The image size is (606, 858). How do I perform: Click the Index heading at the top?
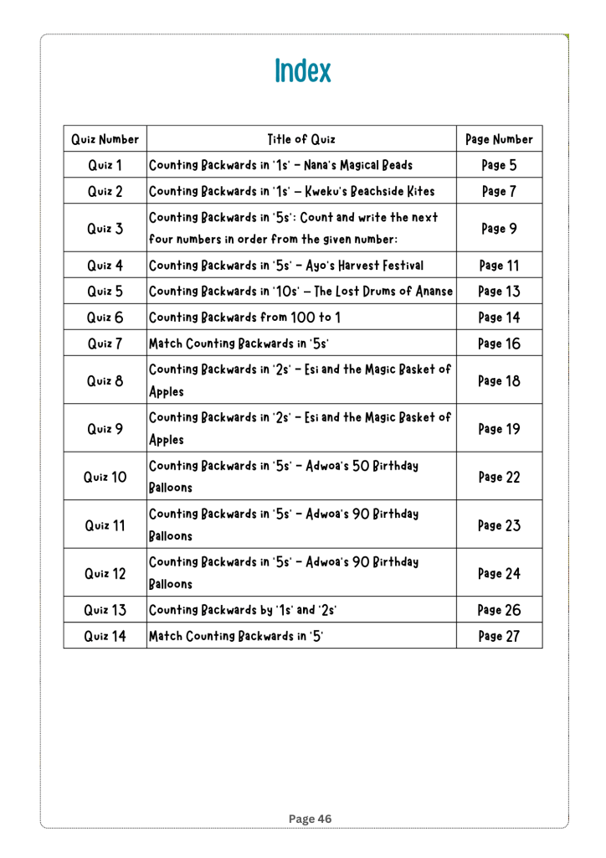302,71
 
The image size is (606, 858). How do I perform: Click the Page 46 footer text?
302,819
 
